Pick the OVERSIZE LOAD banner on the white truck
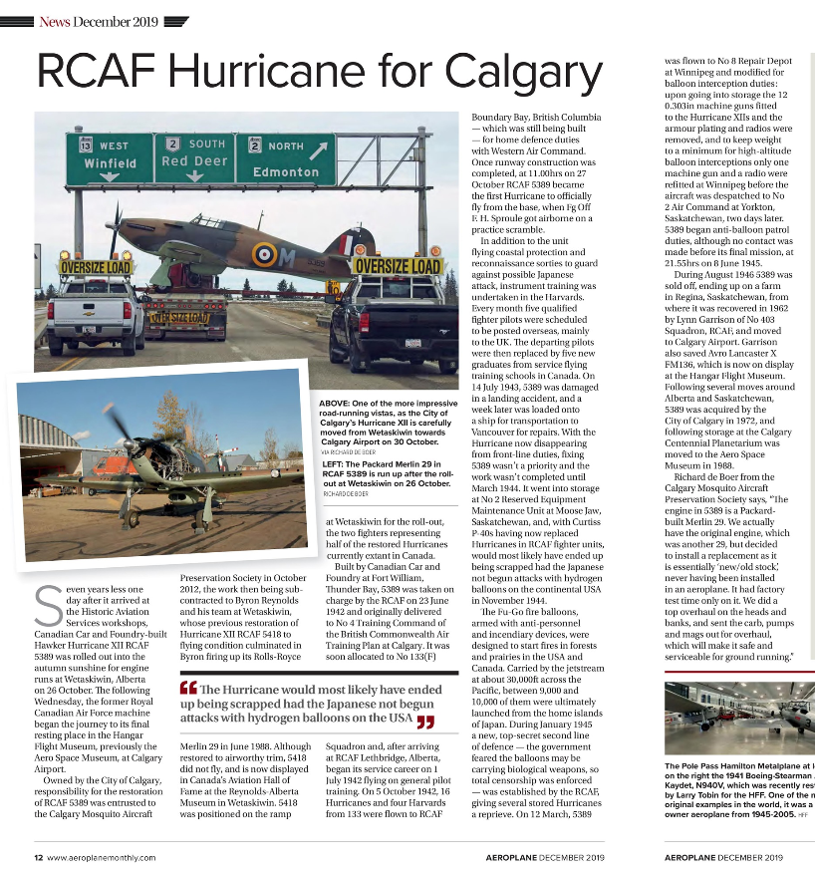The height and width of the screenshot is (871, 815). click(96, 268)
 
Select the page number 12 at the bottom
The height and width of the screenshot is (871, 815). click(38, 857)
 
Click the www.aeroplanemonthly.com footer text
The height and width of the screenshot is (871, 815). click(101, 857)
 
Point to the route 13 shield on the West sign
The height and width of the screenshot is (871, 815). click(86, 144)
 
